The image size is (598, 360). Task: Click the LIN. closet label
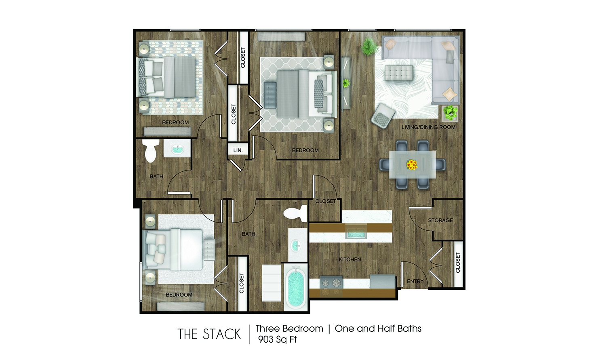[x=238, y=150]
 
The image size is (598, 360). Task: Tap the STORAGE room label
[x=440, y=220]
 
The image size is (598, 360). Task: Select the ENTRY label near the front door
[x=415, y=281]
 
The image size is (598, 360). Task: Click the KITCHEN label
[x=350, y=259]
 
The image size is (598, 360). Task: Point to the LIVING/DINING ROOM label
[x=428, y=127]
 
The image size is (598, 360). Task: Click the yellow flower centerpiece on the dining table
[x=412, y=164]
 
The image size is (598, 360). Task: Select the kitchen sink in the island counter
[x=356, y=233]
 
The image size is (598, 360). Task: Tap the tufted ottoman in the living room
[x=398, y=73]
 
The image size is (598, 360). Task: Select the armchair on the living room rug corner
[x=382, y=116]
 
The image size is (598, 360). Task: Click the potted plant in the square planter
[x=450, y=112]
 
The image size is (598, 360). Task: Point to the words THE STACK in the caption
[x=209, y=334]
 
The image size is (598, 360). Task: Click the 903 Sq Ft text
[x=278, y=339]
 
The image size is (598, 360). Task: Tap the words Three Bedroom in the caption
[x=289, y=328]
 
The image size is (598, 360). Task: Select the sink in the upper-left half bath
[x=177, y=149]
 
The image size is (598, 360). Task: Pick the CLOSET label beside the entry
[x=458, y=263]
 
